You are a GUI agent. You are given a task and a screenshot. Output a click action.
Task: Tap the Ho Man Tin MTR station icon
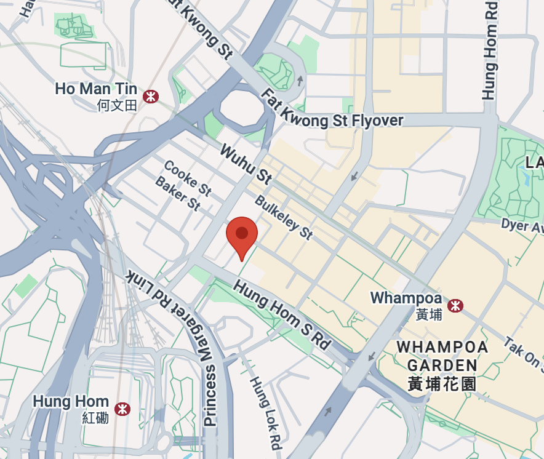pos(150,97)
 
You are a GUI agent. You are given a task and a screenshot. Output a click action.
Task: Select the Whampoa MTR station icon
pos(455,305)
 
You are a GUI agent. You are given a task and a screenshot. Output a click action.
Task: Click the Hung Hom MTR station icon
pos(123,409)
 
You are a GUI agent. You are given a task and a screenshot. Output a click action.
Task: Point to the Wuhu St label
pos(245,164)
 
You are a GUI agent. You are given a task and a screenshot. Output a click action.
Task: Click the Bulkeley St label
pos(284,218)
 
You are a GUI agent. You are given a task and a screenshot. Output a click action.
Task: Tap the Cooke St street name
pos(188,178)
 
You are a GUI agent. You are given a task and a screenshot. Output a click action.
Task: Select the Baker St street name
pos(178,193)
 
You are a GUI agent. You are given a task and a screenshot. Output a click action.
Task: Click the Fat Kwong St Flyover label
pos(332,110)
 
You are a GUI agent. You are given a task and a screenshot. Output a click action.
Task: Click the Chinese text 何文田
pos(117,106)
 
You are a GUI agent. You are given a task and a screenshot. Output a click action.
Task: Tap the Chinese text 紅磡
pos(95,418)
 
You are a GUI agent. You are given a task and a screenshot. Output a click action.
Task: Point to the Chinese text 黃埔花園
pos(442,384)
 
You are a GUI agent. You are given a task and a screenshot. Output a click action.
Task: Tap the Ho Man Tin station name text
pos(95,89)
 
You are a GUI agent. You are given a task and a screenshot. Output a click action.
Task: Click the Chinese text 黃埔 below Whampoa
pos(429,314)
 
